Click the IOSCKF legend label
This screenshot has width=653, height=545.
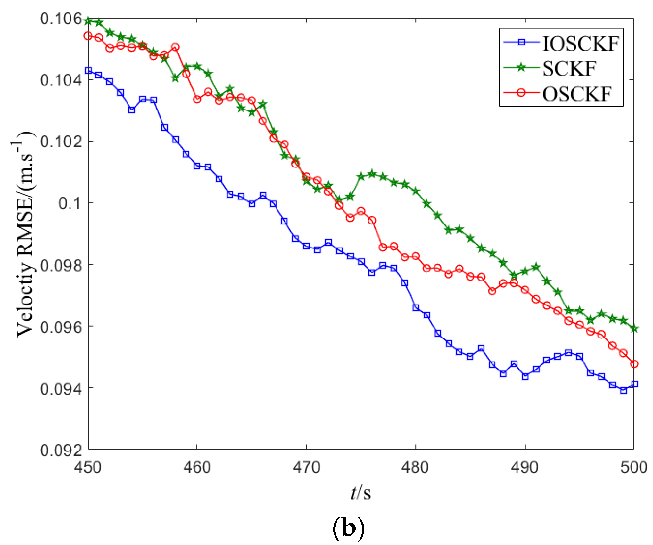point(580,44)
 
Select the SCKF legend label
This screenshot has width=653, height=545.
point(569,69)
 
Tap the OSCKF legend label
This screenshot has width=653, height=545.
point(577,94)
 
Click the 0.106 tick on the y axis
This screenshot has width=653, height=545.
point(57,19)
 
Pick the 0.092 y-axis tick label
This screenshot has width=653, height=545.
point(57,451)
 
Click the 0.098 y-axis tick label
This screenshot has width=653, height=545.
point(57,265)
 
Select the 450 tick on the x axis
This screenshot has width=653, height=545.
point(87,467)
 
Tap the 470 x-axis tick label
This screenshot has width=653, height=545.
point(306,467)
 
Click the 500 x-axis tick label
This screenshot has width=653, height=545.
point(634,467)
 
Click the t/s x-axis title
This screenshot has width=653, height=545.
point(361,493)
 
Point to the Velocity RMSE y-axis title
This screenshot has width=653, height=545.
point(24,234)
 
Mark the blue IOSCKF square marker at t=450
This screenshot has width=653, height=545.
point(88,70)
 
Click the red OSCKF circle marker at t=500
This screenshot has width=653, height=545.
point(634,364)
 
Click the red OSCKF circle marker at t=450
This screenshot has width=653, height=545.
point(88,36)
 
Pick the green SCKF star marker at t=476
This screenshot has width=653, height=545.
point(372,174)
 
